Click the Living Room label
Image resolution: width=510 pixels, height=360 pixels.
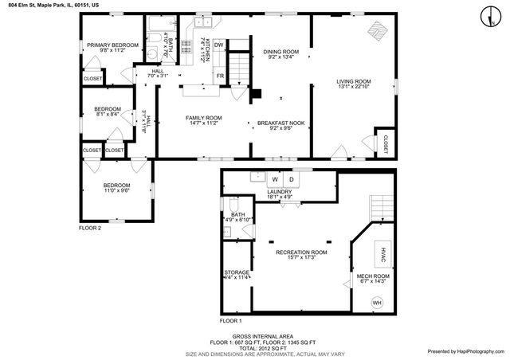click(x=353, y=84)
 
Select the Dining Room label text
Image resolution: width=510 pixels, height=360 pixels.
click(x=280, y=54)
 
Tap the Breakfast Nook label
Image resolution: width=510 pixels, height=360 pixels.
click(x=276, y=125)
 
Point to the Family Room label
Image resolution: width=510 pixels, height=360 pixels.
click(x=203, y=120)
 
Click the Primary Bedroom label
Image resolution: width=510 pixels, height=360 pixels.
click(x=112, y=47)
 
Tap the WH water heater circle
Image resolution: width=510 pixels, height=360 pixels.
click(x=377, y=303)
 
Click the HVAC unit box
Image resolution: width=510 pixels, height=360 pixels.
click(x=382, y=256)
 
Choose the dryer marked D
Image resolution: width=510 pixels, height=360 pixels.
click(x=291, y=179)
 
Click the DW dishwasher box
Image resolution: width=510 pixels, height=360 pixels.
click(x=218, y=45)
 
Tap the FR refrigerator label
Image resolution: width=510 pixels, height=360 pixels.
click(x=219, y=76)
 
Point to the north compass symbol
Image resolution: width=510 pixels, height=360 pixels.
click(x=486, y=14)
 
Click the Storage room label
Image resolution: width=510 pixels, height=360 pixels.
click(x=236, y=275)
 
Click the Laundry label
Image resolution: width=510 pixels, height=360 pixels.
click(x=279, y=194)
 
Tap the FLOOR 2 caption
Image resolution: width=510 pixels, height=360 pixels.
click(x=89, y=228)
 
